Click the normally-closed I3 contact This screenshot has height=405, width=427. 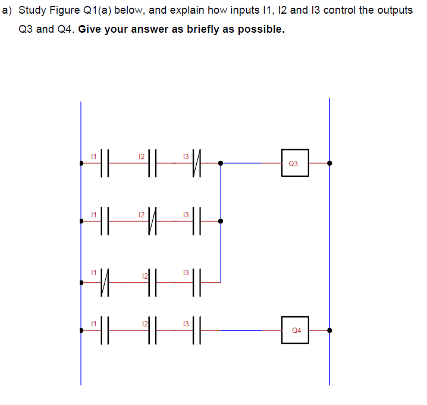pyautogui.click(x=199, y=163)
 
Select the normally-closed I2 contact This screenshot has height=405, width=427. pyautogui.click(x=151, y=222)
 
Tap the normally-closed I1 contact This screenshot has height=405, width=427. pyautogui.click(x=103, y=279)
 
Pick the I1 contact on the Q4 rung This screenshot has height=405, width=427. pyautogui.click(x=103, y=330)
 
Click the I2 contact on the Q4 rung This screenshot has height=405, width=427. pyautogui.click(x=151, y=330)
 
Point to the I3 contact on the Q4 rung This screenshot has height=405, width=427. pyautogui.click(x=199, y=330)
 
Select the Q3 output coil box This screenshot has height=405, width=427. pyautogui.click(x=296, y=163)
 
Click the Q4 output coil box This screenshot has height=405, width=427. pyautogui.click(x=296, y=330)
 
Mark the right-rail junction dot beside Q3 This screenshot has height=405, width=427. pyautogui.click(x=329, y=163)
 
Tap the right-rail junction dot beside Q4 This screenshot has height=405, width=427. pyautogui.click(x=329, y=330)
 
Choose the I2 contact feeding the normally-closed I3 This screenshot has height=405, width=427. pyautogui.click(x=151, y=163)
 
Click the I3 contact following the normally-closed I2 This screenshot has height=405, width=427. pyautogui.click(x=199, y=222)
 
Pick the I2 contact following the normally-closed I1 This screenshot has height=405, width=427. pyautogui.click(x=151, y=279)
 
